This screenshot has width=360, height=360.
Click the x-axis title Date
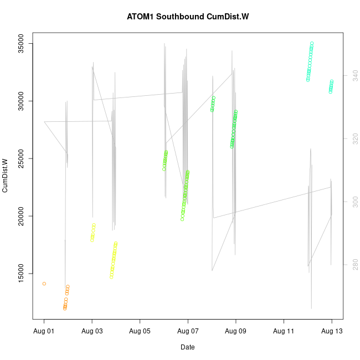187,347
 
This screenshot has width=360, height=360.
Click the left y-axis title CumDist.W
5,176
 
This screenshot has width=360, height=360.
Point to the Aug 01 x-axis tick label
44,332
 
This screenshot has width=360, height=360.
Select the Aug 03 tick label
92,332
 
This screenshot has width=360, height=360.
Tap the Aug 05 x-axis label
140,332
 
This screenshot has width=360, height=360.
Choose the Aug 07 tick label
188,332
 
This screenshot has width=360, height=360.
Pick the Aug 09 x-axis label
236,332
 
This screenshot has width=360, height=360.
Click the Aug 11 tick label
284,332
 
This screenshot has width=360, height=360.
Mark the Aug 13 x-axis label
332,332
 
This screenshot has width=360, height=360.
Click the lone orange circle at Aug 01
44,284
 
